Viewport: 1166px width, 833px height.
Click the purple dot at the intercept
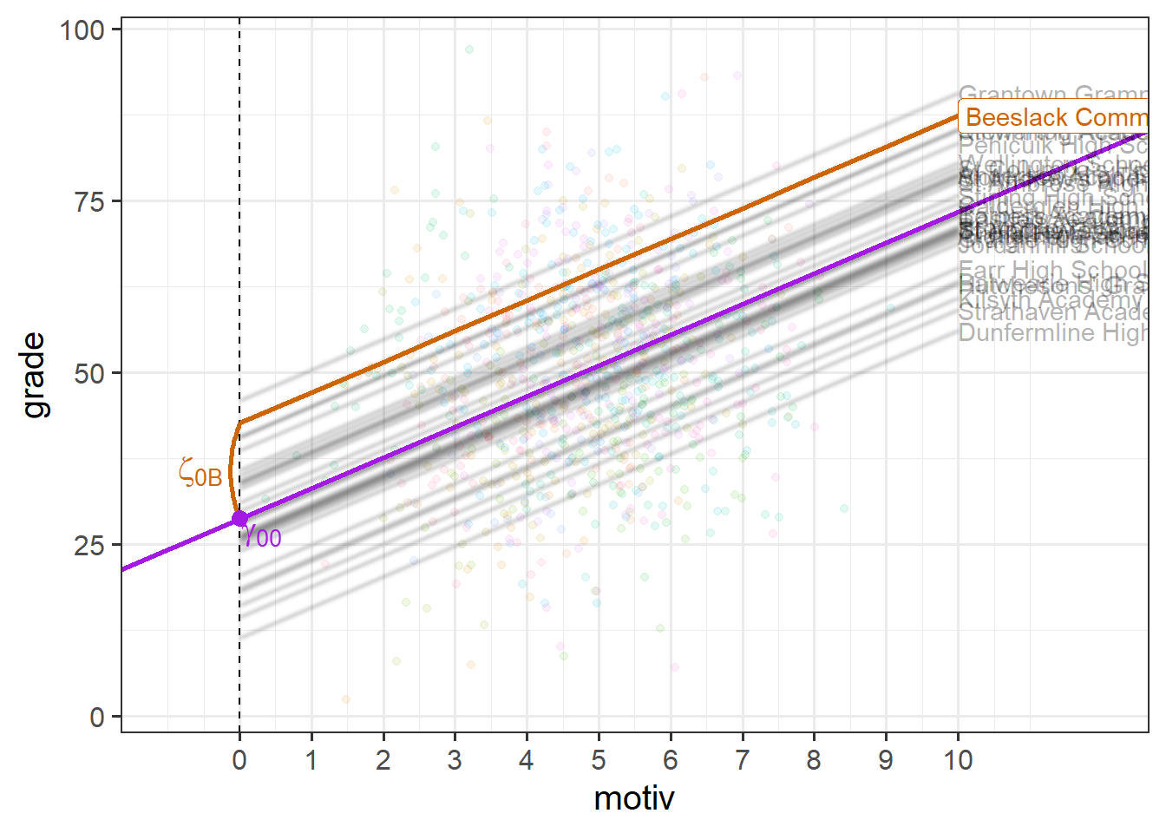point(239,519)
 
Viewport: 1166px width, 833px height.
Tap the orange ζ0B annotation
point(200,473)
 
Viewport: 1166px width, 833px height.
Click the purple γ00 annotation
point(262,536)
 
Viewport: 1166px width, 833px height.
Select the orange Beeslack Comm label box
point(1055,117)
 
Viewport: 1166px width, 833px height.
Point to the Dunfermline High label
point(1053,333)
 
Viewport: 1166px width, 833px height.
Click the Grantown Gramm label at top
point(1053,93)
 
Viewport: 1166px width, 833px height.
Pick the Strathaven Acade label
point(1053,312)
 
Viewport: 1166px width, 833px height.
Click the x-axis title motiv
point(634,798)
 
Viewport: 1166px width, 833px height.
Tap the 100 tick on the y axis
point(82,30)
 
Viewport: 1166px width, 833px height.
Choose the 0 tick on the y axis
point(98,718)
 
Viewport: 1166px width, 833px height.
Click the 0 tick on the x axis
point(239,761)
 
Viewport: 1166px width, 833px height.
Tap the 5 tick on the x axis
point(599,761)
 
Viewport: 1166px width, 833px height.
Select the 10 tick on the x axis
point(958,761)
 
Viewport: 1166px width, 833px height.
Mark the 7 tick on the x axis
point(742,761)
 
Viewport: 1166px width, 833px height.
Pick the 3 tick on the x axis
point(455,761)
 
